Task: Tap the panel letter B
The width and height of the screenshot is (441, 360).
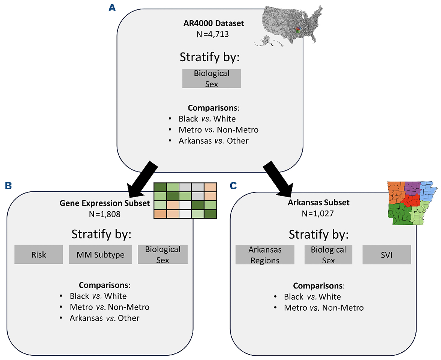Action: [8, 186]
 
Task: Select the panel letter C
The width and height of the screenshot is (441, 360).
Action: [233, 186]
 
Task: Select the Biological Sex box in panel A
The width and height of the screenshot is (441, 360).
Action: [212, 78]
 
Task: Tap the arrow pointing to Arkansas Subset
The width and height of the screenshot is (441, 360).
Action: [278, 177]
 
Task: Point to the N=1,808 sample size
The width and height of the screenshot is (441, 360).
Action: [104, 214]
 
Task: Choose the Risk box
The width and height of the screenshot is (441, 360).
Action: [38, 255]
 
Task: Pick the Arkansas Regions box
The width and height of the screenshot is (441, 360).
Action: [265, 255]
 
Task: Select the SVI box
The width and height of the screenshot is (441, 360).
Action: [386, 255]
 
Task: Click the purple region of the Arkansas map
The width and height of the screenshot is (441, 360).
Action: [412, 187]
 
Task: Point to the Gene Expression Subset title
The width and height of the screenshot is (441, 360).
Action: [104, 204]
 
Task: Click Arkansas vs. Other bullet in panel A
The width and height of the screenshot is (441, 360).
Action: [213, 141]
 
